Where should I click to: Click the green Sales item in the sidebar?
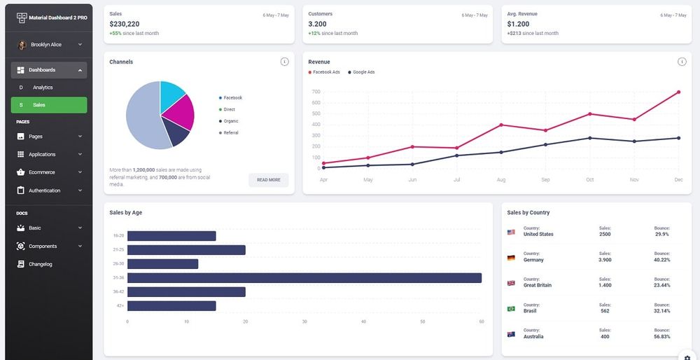pos(49,105)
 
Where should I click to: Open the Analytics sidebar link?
pos(43,88)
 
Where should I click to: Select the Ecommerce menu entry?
pos(41,172)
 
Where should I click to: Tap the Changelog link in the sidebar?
pos(40,264)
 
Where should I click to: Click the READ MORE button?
pos(268,180)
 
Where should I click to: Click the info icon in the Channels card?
pos(284,62)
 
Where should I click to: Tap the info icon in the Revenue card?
pos(682,62)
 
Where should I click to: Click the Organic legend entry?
pos(230,121)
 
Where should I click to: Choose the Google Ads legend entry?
pos(363,72)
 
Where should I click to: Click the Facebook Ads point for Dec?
pos(678,92)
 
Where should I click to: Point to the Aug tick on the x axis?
pos(501,180)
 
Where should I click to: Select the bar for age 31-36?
pos(304,278)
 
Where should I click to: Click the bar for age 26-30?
pos(162,264)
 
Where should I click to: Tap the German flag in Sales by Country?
pos(511,258)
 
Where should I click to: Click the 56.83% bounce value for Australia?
pos(661,337)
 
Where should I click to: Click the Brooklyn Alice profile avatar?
pos(22,45)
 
